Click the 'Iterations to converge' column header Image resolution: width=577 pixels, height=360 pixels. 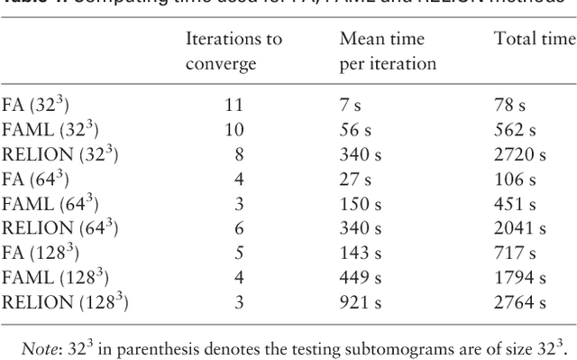click(x=234, y=51)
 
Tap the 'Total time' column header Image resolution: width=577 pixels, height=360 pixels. click(x=535, y=40)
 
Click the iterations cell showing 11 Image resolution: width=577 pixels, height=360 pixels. click(x=234, y=105)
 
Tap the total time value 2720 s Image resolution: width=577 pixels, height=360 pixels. click(x=520, y=154)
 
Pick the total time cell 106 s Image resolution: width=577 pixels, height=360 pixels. click(x=515, y=180)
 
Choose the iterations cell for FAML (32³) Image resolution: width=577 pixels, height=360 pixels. click(x=234, y=130)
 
